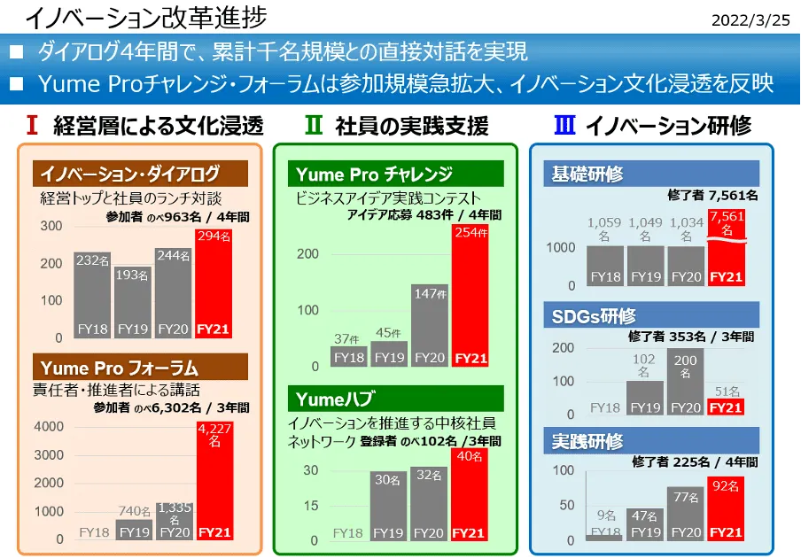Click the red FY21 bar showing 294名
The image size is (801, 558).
(214, 283)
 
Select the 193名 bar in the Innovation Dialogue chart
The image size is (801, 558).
(134, 301)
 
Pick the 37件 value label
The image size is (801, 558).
(348, 338)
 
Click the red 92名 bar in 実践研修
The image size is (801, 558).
(727, 508)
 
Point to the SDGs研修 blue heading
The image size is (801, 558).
(651, 315)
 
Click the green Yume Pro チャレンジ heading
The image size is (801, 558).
(395, 174)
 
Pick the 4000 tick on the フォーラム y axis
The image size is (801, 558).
(49, 427)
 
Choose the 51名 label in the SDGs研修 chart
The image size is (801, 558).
(727, 391)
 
